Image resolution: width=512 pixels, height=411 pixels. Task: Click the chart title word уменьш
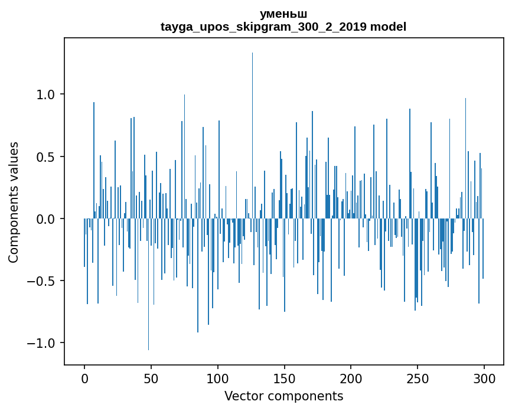tap(283, 14)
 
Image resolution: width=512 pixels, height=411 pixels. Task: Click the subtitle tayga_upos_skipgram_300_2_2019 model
tap(283, 27)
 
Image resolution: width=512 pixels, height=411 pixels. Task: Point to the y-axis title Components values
tap(14, 202)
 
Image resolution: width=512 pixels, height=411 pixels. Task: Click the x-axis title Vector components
tap(283, 396)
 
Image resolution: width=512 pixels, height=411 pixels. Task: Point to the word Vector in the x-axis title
tap(242, 396)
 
